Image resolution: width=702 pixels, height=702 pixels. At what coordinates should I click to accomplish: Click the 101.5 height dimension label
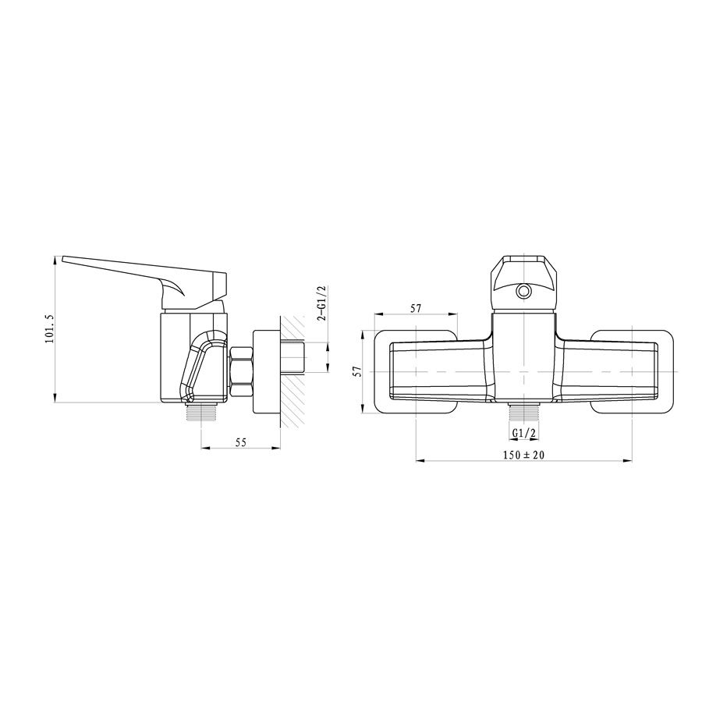pos(49,329)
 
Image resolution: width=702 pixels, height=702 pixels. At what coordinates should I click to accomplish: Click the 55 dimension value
pos(241,442)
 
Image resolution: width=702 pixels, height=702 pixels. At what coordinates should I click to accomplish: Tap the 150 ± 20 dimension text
pos(523,455)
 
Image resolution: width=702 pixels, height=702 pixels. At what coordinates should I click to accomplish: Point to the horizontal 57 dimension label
pos(416,308)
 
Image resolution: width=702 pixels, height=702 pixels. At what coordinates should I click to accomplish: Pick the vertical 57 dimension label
pos(356,371)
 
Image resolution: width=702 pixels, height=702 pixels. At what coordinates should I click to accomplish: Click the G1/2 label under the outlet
pos(524,433)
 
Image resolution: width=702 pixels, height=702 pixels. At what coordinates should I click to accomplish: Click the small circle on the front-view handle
pos(523,292)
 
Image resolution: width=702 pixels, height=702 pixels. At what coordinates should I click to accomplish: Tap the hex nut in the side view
pos(241,371)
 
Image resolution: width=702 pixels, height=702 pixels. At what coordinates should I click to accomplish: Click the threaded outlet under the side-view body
pos(201,410)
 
